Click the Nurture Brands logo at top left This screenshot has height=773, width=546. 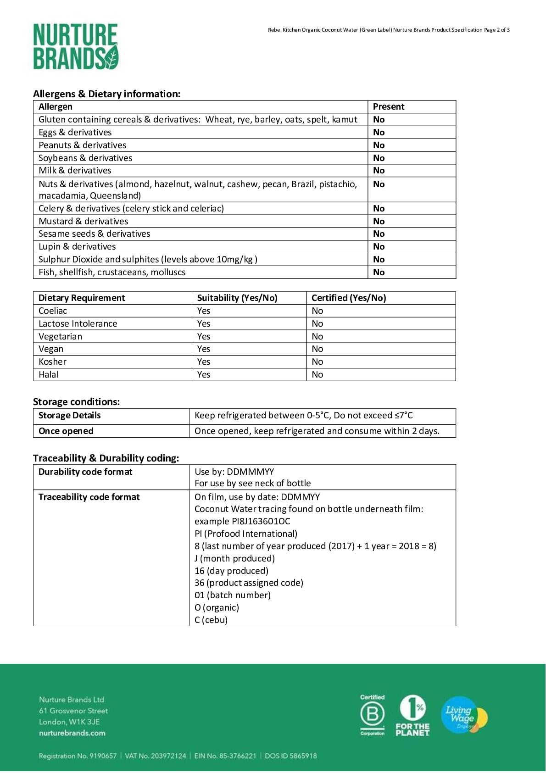tap(76, 47)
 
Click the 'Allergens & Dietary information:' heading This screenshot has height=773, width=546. tap(106, 94)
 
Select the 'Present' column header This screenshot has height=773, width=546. tap(388, 107)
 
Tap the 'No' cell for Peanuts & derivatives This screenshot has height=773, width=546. tap(379, 145)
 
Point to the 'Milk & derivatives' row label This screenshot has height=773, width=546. tap(75, 171)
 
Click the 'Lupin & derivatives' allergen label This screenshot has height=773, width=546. tap(77, 247)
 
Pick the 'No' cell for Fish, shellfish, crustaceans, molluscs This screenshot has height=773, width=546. tap(379, 272)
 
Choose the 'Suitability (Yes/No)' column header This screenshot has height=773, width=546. tap(237, 298)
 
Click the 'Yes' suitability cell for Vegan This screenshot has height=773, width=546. tap(204, 349)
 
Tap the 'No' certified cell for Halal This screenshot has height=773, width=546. tap(317, 375)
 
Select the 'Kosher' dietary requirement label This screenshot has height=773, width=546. tap(52, 362)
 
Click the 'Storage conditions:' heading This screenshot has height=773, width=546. tap(76, 402)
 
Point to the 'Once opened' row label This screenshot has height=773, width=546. tap(66, 431)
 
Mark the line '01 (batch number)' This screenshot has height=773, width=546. tap(233, 595)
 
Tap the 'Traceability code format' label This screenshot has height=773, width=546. tap(89, 497)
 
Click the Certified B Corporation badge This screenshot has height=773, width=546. tap(372, 715)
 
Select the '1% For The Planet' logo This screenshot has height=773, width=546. tap(412, 716)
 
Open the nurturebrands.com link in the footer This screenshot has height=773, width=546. tap(72, 733)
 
